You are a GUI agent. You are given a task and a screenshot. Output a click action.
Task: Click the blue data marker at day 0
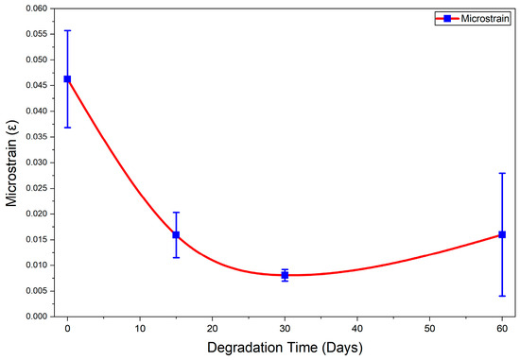pyautogui.click(x=67, y=78)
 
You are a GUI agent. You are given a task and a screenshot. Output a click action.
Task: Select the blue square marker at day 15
pyautogui.click(x=176, y=234)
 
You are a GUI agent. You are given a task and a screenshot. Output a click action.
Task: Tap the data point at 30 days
pyautogui.click(x=285, y=275)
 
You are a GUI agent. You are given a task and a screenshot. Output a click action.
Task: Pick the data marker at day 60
pyautogui.click(x=502, y=234)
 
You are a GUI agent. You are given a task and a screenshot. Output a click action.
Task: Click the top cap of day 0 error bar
pyautogui.click(x=67, y=30)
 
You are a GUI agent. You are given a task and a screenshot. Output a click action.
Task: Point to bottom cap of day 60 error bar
pyautogui.click(x=502, y=296)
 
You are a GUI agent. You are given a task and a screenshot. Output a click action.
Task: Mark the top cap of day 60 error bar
pyautogui.click(x=502, y=173)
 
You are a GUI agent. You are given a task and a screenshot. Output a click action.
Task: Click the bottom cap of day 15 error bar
pyautogui.click(x=176, y=258)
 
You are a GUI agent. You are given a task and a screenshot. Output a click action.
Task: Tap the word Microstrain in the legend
pyautogui.click(x=485, y=18)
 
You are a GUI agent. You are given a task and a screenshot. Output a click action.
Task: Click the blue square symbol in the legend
pyautogui.click(x=447, y=19)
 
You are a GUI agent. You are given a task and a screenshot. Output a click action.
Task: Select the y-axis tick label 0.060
pyautogui.click(x=37, y=9)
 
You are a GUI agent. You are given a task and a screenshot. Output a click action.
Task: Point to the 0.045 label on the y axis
pyautogui.click(x=37, y=86)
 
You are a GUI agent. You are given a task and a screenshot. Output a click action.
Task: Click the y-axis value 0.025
pyautogui.click(x=37, y=188)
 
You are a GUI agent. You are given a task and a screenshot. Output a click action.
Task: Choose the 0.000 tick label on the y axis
pyautogui.click(x=37, y=317)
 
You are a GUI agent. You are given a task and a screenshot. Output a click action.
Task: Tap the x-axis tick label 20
pyautogui.click(x=212, y=329)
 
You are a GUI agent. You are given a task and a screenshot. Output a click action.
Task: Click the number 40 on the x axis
pyautogui.click(x=357, y=329)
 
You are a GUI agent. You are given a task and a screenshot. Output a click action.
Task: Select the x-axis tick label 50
pyautogui.click(x=429, y=329)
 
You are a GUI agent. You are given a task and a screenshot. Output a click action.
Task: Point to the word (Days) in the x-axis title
pyautogui.click(x=342, y=348)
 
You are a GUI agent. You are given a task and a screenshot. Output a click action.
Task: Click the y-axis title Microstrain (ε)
pyautogui.click(x=11, y=163)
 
